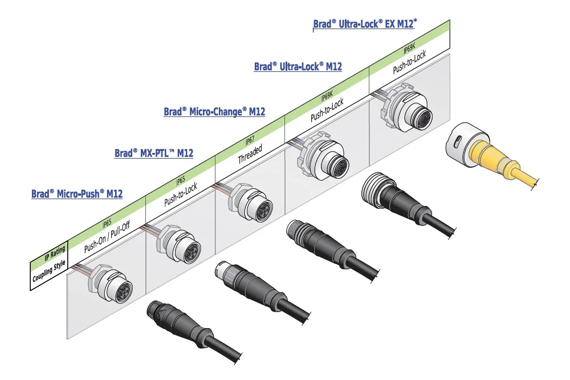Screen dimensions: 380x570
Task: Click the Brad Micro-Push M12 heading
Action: (x=77, y=194)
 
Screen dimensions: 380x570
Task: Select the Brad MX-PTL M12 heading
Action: (x=154, y=153)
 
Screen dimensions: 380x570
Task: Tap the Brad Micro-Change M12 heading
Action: (x=214, y=112)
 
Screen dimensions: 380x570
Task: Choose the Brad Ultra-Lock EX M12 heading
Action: (x=365, y=24)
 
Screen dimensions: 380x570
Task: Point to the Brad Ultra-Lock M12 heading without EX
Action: (x=298, y=67)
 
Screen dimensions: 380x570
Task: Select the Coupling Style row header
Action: (x=50, y=270)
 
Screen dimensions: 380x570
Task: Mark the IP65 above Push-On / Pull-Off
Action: (x=107, y=223)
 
